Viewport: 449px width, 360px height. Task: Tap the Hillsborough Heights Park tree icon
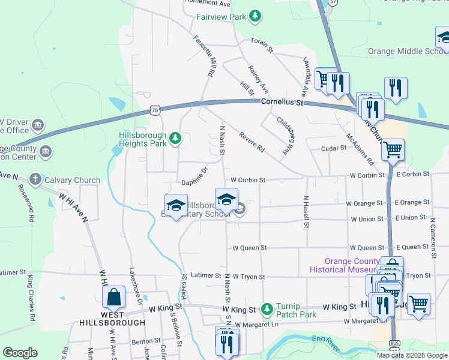(175, 139)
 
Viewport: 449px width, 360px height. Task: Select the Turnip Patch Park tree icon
(268, 310)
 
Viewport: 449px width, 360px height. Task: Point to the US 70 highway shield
(155, 110)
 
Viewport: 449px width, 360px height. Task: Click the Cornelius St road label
(282, 103)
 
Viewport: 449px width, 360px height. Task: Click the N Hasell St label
(306, 212)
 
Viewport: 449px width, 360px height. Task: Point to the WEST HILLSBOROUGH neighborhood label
(112, 319)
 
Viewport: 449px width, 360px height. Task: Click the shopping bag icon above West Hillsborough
(113, 297)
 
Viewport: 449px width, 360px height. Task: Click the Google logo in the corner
(20, 353)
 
